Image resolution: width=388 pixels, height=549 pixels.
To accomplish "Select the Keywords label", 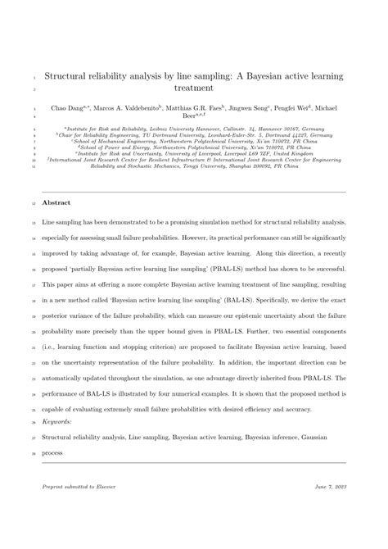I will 59,422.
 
